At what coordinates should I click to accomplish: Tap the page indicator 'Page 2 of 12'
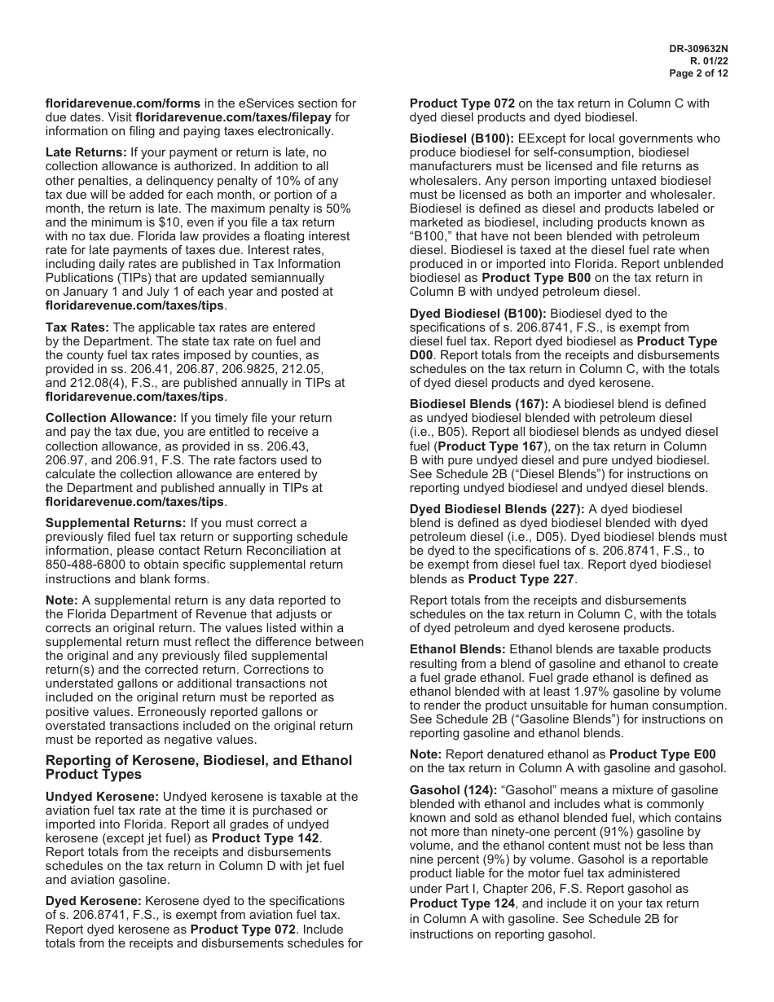[x=698, y=73]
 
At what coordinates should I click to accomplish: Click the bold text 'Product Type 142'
[x=266, y=837]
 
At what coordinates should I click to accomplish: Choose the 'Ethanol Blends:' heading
[x=458, y=649]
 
